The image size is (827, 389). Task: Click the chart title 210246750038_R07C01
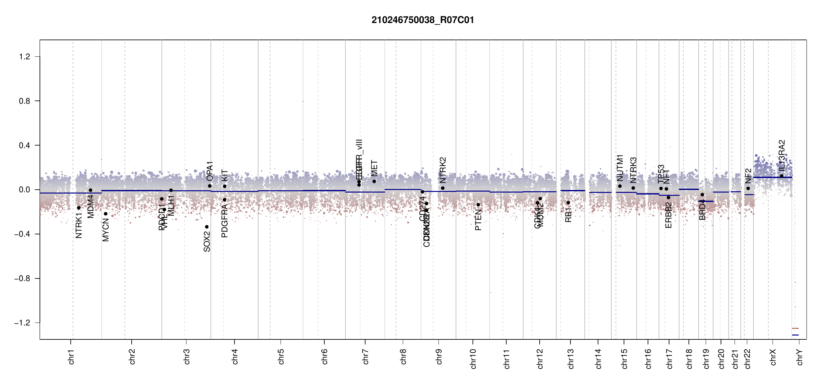tap(423, 20)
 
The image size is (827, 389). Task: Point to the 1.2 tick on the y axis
tap(25, 57)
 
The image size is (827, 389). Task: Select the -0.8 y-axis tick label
tap(22, 278)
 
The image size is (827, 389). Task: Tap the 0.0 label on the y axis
tap(25, 190)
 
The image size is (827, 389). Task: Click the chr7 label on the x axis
tap(366, 357)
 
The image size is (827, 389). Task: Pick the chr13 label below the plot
tap(570, 359)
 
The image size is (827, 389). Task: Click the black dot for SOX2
tap(207, 227)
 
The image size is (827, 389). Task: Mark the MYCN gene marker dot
tap(105, 214)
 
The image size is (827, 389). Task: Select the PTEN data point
tap(478, 205)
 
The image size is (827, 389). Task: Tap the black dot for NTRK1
tap(78, 208)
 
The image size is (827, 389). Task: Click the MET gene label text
tap(374, 168)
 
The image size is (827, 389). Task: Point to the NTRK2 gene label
tap(443, 170)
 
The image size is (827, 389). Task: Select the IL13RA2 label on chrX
tap(782, 156)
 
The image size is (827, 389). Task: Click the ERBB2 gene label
tap(668, 215)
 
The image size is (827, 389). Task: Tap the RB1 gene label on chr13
tap(568, 215)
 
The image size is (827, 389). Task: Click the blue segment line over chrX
tap(772, 177)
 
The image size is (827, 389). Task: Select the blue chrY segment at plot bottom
tap(795, 335)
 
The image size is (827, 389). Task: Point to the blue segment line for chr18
tap(689, 189)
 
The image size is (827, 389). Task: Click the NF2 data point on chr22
tap(748, 188)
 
